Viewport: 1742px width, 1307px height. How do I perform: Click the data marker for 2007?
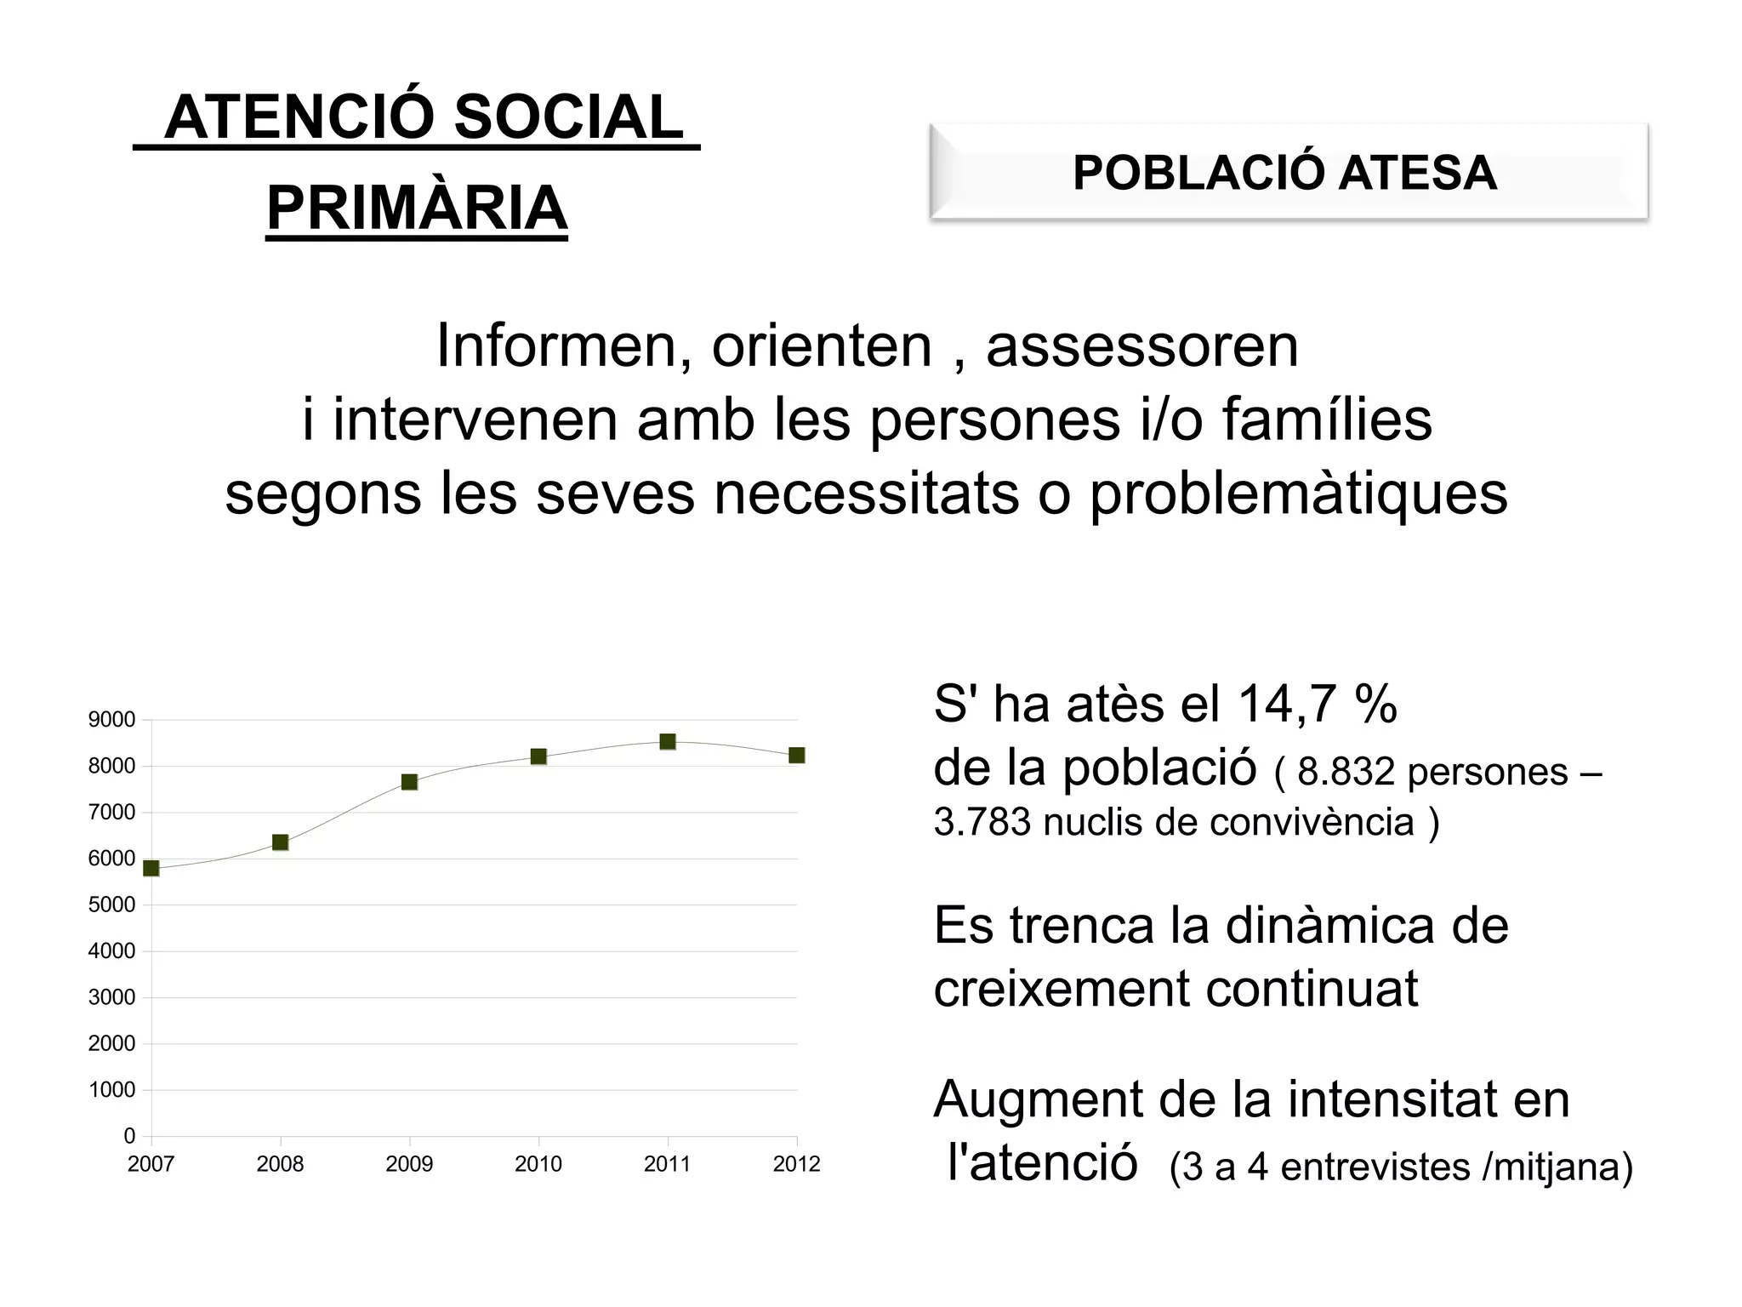pos(151,868)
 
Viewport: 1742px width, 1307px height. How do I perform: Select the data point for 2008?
pos(280,842)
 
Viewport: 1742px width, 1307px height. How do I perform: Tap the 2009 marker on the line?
pos(409,782)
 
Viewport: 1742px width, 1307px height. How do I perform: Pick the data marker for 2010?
pos(538,756)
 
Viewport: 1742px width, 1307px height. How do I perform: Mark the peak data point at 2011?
pos(668,742)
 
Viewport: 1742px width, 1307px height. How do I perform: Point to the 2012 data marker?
pos(797,756)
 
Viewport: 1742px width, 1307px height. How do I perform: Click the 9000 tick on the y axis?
pos(111,720)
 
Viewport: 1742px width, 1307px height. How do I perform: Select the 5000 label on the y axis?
pos(111,905)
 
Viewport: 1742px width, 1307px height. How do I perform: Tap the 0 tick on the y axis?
pos(129,1136)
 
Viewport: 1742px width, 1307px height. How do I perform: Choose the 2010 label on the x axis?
pos(538,1164)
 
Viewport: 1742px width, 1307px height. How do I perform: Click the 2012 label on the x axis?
pos(797,1164)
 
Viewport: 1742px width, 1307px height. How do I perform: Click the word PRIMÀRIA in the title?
pos(417,208)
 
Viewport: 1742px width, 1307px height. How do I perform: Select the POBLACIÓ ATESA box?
pos(1288,173)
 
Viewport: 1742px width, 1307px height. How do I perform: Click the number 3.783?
pos(982,822)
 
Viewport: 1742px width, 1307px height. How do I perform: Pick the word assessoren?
pos(1142,345)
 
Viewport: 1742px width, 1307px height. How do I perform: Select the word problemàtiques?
pos(1299,494)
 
